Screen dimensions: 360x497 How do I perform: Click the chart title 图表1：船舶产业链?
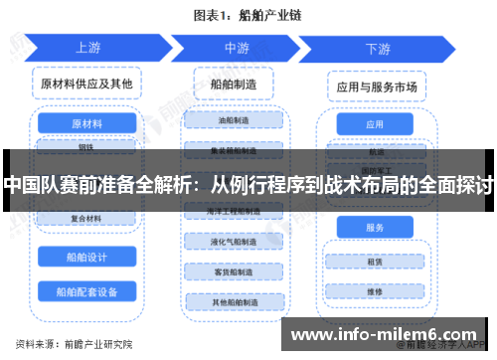[248, 15]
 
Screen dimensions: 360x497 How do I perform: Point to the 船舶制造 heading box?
[236, 86]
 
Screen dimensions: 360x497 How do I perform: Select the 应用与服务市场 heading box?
[376, 88]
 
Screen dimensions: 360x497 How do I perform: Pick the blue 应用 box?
[375, 125]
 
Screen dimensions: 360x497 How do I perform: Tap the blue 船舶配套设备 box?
[87, 291]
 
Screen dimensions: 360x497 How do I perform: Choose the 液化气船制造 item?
[236, 242]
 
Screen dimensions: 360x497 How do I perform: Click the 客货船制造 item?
[236, 271]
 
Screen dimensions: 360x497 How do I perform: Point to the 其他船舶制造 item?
[236, 301]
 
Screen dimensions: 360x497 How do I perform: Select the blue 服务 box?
[375, 228]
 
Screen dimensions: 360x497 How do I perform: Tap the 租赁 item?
[375, 263]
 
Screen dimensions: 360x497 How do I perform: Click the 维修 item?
[375, 292]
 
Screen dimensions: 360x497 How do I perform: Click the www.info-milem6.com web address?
[382, 333]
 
